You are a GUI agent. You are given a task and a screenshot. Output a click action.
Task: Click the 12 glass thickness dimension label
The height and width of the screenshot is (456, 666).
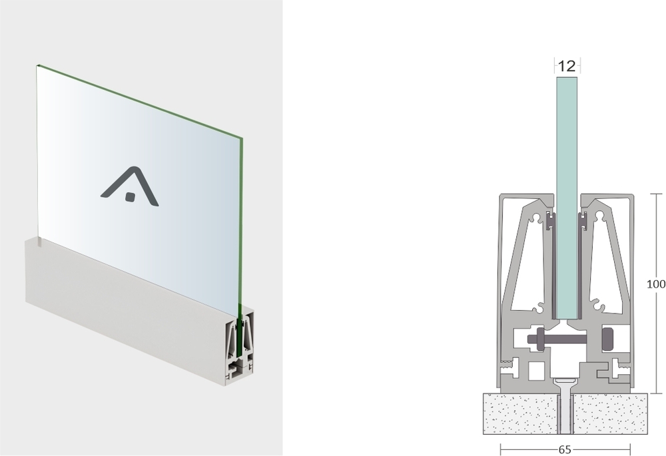tap(567, 66)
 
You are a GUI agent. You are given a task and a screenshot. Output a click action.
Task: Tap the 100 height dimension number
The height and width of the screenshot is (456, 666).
tap(656, 284)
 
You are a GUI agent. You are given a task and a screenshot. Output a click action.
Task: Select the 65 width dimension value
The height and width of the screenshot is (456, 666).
tap(565, 449)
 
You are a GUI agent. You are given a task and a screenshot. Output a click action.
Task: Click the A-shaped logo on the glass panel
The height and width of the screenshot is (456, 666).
tap(130, 186)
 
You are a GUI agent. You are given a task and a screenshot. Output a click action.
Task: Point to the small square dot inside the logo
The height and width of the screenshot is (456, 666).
tap(130, 196)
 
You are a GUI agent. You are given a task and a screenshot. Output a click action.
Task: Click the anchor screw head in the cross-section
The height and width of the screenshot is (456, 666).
tap(565, 381)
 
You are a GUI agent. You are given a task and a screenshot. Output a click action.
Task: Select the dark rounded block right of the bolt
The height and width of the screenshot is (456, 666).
tap(608, 339)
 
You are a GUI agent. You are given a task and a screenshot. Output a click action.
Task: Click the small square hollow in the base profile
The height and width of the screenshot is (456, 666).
tap(536, 371)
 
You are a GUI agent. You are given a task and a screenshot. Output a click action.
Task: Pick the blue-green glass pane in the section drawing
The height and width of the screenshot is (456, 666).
tap(567, 198)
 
